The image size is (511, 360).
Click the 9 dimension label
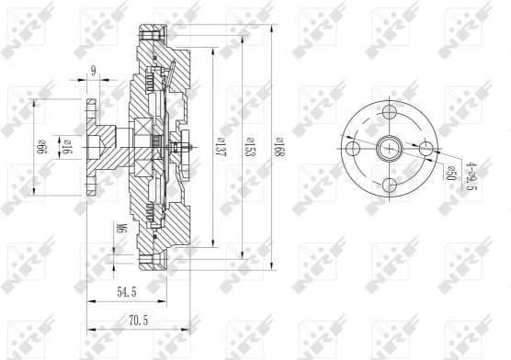pyautogui.click(x=94, y=70)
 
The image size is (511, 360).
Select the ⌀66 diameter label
pyautogui.click(x=42, y=147)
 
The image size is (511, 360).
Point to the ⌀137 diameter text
pyautogui.click(x=221, y=147)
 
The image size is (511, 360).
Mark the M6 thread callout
pyautogui.click(x=121, y=227)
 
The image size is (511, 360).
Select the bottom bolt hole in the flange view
pyautogui.click(x=389, y=185)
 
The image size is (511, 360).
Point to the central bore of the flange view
pyautogui.click(x=389, y=148)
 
